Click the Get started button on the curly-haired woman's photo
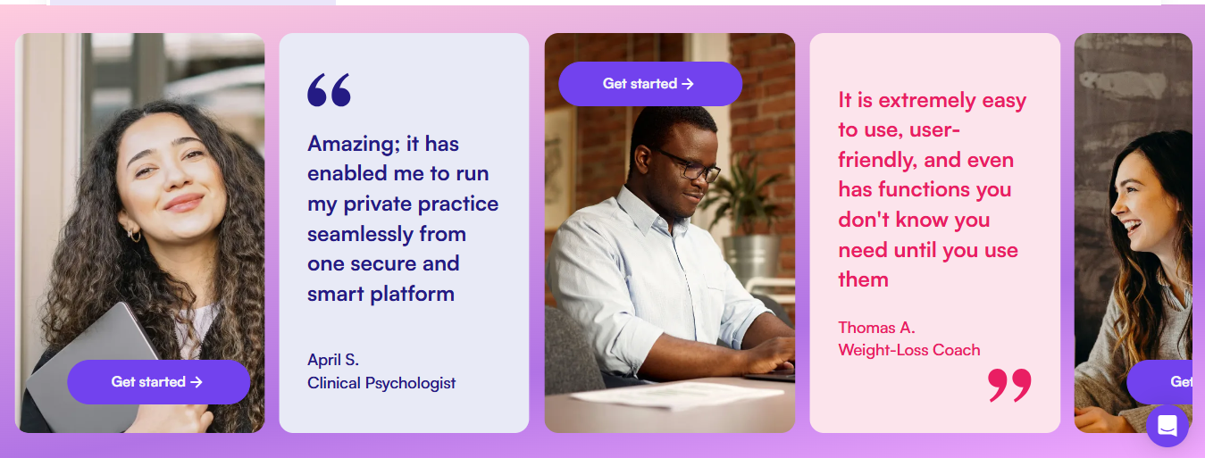click(x=159, y=382)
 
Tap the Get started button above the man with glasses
click(x=649, y=83)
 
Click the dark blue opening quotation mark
click(x=329, y=89)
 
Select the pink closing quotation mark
click(x=1009, y=385)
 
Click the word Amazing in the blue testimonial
click(x=354, y=144)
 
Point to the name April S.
click(x=333, y=360)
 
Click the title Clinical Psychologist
click(x=381, y=383)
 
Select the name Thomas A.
click(x=876, y=328)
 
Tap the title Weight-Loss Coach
click(x=909, y=350)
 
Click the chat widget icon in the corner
click(x=1167, y=426)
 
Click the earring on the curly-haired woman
click(x=133, y=235)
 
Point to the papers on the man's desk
click(x=673, y=396)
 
